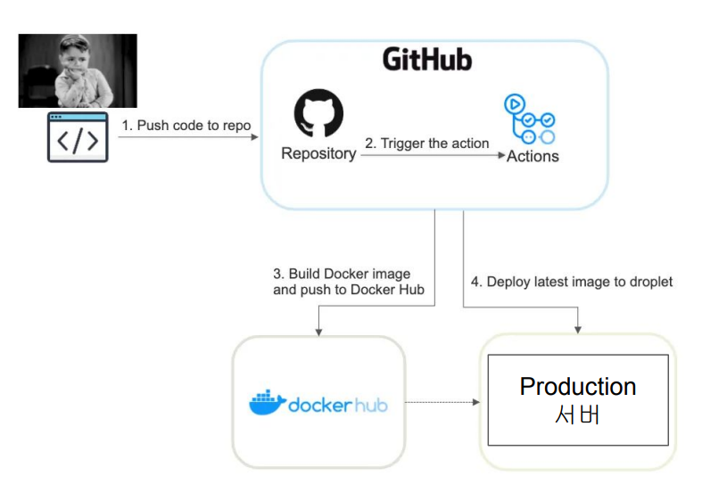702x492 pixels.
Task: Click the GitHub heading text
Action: [427, 60]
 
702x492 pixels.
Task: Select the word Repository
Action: [318, 153]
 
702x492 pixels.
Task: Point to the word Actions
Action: [533, 156]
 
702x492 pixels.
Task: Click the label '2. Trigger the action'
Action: [426, 143]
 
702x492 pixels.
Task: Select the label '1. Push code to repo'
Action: [186, 126]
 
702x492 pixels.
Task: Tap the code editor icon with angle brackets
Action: [78, 137]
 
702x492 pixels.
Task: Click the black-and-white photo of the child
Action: [78, 70]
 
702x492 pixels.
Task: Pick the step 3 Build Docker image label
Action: [342, 282]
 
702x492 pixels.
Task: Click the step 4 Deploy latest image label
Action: [572, 282]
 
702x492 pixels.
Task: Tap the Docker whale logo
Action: [266, 403]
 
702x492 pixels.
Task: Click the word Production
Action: [578, 386]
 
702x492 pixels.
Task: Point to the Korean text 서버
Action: [577, 414]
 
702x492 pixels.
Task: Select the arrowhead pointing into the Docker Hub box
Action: [318, 331]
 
